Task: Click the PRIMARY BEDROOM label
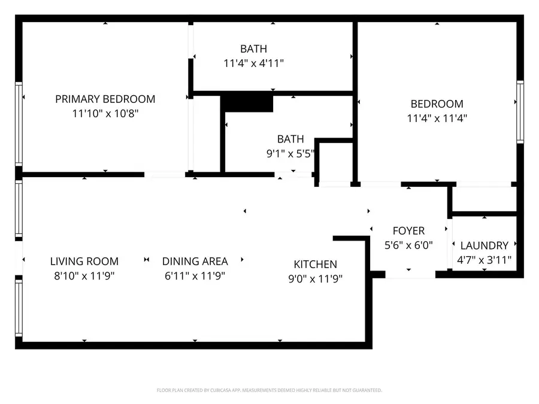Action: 105,99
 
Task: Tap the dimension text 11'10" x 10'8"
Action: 105,113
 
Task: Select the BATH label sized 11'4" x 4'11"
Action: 253,48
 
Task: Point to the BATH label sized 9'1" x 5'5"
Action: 290,139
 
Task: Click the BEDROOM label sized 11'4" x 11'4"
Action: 437,104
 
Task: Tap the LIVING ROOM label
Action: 84,262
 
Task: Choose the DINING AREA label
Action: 195,262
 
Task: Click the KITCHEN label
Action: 315,264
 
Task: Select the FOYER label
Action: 408,230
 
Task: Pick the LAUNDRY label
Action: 484,245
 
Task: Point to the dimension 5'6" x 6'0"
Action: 408,245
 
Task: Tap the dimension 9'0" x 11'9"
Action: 315,278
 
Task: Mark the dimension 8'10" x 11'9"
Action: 84,276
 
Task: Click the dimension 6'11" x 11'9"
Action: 195,276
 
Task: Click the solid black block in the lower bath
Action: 247,103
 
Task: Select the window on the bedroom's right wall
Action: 520,111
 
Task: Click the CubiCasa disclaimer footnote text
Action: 269,390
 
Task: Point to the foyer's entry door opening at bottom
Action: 410,274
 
